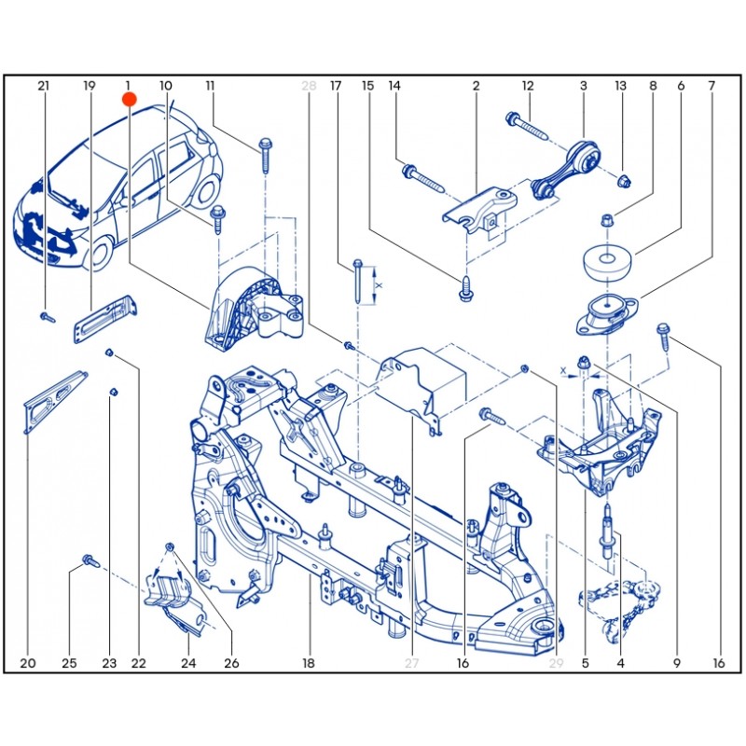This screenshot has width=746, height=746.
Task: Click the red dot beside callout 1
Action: pos(130,98)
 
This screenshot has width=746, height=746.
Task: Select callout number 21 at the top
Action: pos(43,86)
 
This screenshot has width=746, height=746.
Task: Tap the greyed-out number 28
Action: pos(310,86)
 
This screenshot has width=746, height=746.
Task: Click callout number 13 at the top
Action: pos(620,86)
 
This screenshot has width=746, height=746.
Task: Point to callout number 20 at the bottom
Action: pos(27,663)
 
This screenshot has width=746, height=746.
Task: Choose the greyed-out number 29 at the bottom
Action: pos(557,663)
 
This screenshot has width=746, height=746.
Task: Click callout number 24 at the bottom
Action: pos(188,663)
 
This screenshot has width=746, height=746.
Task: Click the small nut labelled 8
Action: pos(605,221)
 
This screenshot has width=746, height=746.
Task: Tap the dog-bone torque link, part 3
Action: pos(564,168)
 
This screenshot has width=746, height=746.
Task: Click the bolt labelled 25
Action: pos(90,560)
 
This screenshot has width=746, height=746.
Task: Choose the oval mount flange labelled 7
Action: pos(605,315)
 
